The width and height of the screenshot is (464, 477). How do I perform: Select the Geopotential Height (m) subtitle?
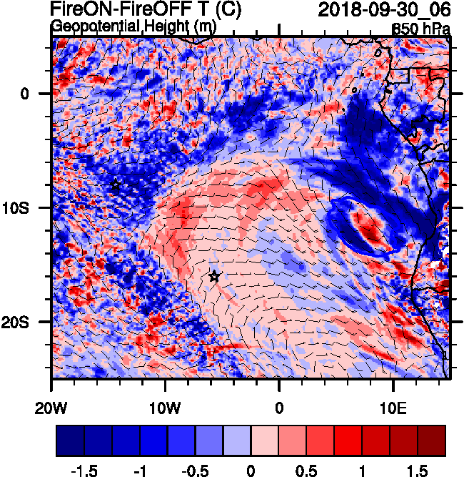tap(133, 26)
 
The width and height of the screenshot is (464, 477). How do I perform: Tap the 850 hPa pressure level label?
tap(420, 29)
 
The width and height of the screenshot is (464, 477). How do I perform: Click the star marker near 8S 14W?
tap(115, 185)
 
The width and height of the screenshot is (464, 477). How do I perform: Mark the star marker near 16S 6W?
tap(214, 276)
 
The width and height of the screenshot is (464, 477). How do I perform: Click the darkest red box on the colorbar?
tap(431, 441)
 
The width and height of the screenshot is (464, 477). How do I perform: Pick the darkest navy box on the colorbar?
tap(70, 441)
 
